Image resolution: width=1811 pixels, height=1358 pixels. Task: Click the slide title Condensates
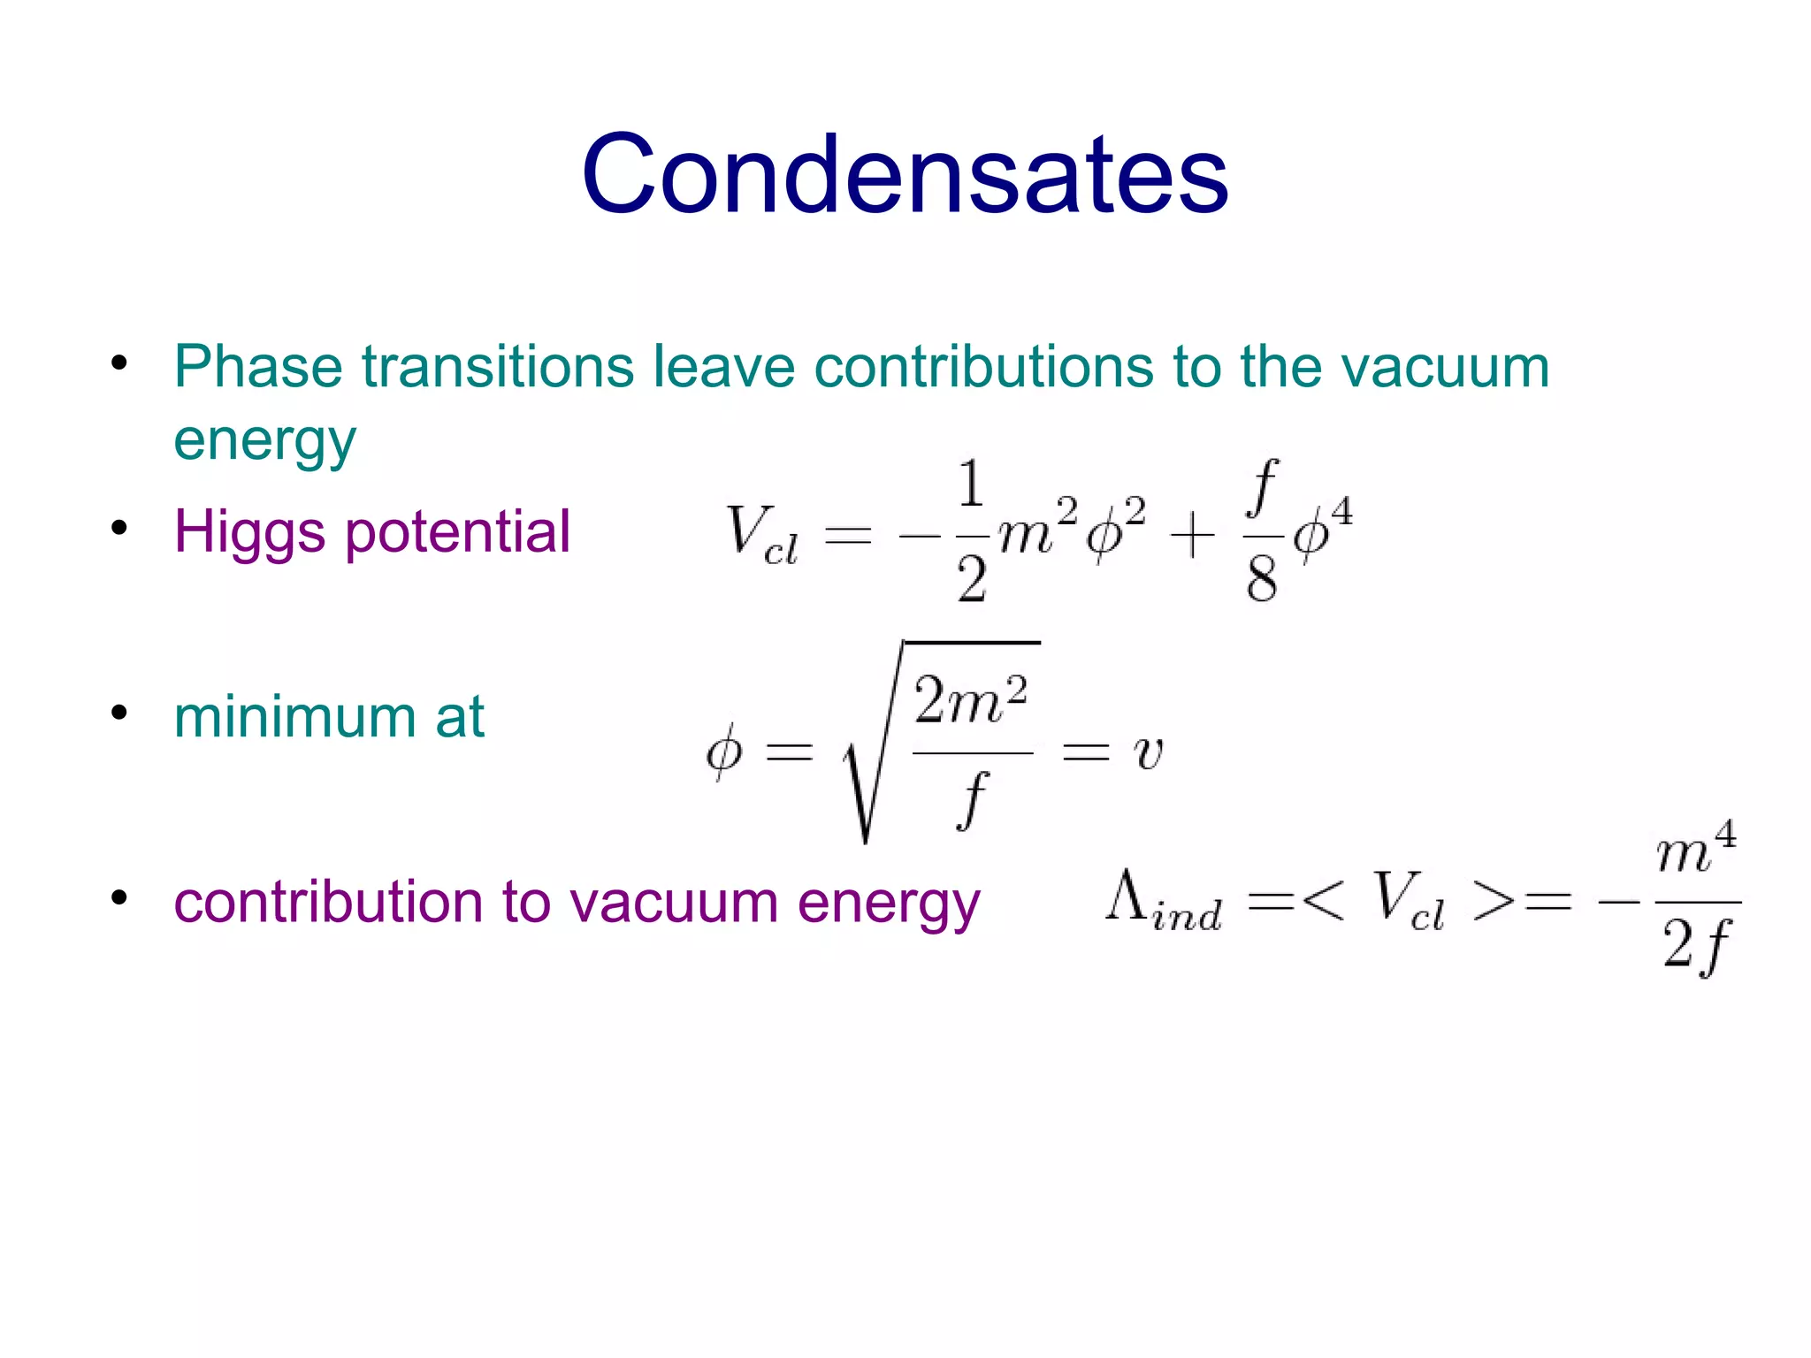905,173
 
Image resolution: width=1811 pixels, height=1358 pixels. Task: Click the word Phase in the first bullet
257,366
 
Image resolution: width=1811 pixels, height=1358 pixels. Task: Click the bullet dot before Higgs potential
119,529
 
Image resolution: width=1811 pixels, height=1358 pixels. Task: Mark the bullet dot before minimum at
119,713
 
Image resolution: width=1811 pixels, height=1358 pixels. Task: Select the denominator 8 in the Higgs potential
1262,580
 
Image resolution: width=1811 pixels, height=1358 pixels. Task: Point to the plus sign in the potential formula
1192,536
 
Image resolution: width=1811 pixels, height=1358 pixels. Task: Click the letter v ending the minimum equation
1148,753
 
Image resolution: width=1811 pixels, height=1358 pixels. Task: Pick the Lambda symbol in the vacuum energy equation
1127,896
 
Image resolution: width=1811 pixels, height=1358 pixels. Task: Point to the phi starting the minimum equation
723,753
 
